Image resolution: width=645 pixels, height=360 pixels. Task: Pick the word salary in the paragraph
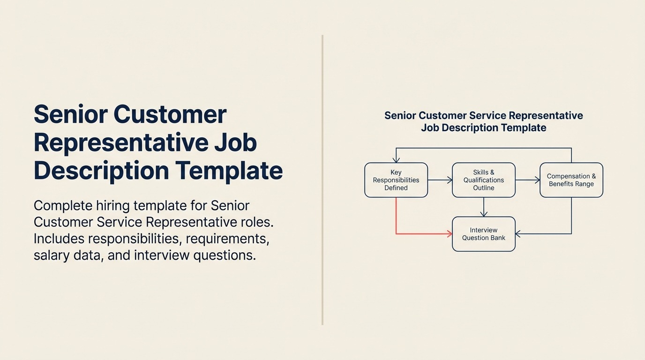(52, 255)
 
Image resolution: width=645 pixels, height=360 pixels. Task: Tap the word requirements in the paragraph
(227, 239)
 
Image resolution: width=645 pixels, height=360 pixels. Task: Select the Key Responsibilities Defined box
(396, 180)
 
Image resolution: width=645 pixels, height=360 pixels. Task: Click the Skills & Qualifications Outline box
(483, 180)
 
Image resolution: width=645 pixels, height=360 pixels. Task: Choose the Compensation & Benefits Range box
(571, 180)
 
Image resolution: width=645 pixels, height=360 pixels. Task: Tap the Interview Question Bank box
(483, 234)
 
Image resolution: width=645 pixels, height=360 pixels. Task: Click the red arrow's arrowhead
(449, 233)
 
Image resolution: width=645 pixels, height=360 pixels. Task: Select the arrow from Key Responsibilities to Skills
(440, 180)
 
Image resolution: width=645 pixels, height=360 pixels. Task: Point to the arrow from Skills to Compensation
(527, 180)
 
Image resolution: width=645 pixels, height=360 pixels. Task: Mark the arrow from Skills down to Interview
(484, 207)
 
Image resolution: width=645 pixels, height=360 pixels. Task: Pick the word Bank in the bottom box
(497, 238)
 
